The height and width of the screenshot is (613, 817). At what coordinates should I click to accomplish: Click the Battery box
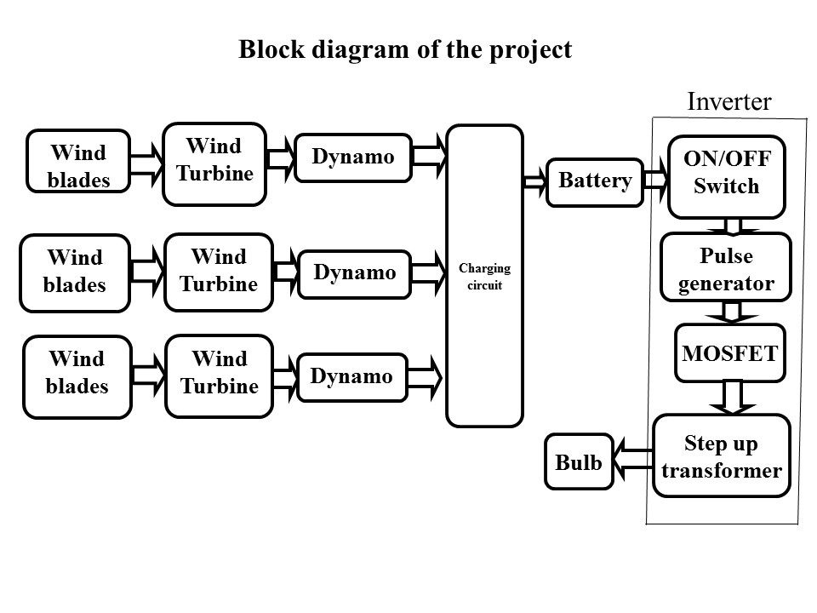[x=595, y=181]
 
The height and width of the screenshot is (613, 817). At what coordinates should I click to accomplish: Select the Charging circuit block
[x=483, y=275]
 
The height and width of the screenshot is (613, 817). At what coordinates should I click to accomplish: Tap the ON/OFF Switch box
[x=726, y=176]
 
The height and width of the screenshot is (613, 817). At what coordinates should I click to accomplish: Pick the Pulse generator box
[x=726, y=267]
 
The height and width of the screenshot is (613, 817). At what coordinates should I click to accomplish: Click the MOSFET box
[x=729, y=352]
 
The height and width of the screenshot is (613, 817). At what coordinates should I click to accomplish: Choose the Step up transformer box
[x=722, y=456]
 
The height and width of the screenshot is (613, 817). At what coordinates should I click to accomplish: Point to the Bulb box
[x=579, y=462]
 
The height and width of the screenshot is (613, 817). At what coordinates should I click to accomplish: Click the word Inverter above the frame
[x=728, y=102]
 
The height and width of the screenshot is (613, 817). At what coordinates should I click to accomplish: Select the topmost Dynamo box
[x=353, y=158]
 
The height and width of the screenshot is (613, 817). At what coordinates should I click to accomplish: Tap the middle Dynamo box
[x=355, y=273]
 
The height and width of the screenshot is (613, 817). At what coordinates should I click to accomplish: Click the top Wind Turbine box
[x=214, y=163]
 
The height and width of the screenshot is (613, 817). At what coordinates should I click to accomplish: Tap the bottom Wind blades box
[x=77, y=375]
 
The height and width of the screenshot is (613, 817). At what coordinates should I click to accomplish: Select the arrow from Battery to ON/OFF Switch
[x=656, y=180]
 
